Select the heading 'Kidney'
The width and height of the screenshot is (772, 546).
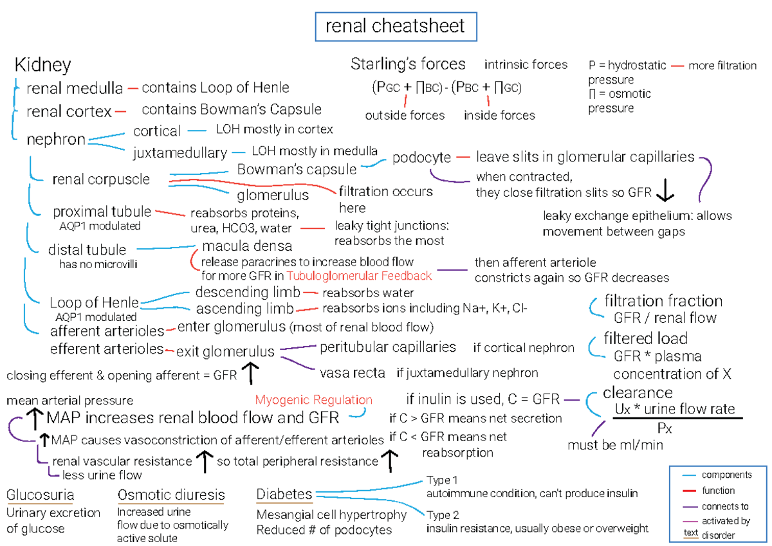[42, 65]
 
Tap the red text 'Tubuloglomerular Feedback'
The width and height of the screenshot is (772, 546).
[360, 276]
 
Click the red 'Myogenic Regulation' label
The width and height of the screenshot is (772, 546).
[313, 399]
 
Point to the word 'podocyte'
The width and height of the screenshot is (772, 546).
[421, 158]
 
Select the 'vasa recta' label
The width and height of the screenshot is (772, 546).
[353, 373]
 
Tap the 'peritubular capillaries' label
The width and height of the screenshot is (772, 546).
[388, 347]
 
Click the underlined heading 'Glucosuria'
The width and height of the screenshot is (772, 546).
[40, 495]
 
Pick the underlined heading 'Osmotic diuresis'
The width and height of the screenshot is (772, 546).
[171, 495]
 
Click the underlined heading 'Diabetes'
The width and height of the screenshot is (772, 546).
[284, 495]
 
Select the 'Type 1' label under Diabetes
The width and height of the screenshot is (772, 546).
[443, 481]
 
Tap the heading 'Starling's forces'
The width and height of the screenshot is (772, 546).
[408, 64]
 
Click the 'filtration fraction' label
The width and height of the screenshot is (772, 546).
[663, 301]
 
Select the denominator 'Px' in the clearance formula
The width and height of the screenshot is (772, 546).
[663, 428]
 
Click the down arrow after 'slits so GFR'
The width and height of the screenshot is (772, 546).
[666, 191]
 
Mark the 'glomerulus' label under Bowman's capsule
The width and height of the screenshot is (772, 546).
[273, 194]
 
